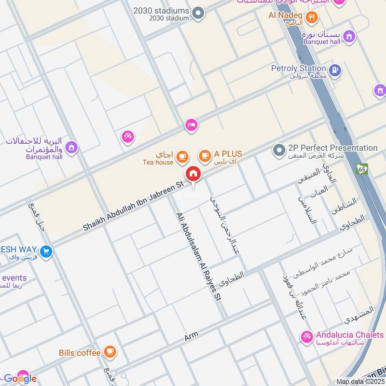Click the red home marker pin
(193, 174)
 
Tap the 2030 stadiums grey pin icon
(198, 14)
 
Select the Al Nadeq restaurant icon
(312, 18)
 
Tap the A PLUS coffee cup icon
(205, 155)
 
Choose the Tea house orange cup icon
(182, 156)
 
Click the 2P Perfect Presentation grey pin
(278, 151)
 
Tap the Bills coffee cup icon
(110, 352)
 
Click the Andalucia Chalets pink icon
(306, 337)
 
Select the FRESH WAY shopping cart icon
(46, 251)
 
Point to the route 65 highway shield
(362, 169)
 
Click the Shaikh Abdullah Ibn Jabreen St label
(134, 206)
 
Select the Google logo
(20, 378)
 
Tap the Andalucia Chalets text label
(350, 335)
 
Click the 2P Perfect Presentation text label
(332, 148)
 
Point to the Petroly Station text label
(299, 69)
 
